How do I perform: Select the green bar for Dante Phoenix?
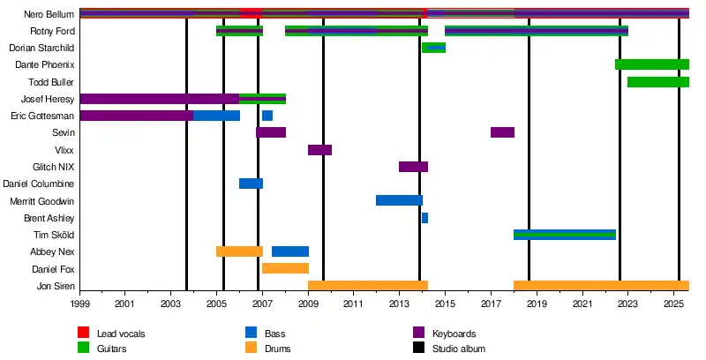651,64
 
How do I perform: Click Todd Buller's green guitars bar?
657,82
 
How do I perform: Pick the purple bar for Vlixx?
319,150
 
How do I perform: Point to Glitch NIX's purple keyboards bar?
413,167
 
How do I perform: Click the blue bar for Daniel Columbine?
251,184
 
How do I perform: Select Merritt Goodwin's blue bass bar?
399,200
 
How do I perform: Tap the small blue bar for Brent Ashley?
424,218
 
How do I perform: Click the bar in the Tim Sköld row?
564,235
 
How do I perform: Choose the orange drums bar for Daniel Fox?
285,268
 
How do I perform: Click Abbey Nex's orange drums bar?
239,251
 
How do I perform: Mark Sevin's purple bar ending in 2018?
502,132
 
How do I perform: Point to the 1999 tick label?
79,304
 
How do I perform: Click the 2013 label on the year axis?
399,304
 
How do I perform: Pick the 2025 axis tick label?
673,304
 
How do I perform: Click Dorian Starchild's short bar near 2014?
433,48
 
